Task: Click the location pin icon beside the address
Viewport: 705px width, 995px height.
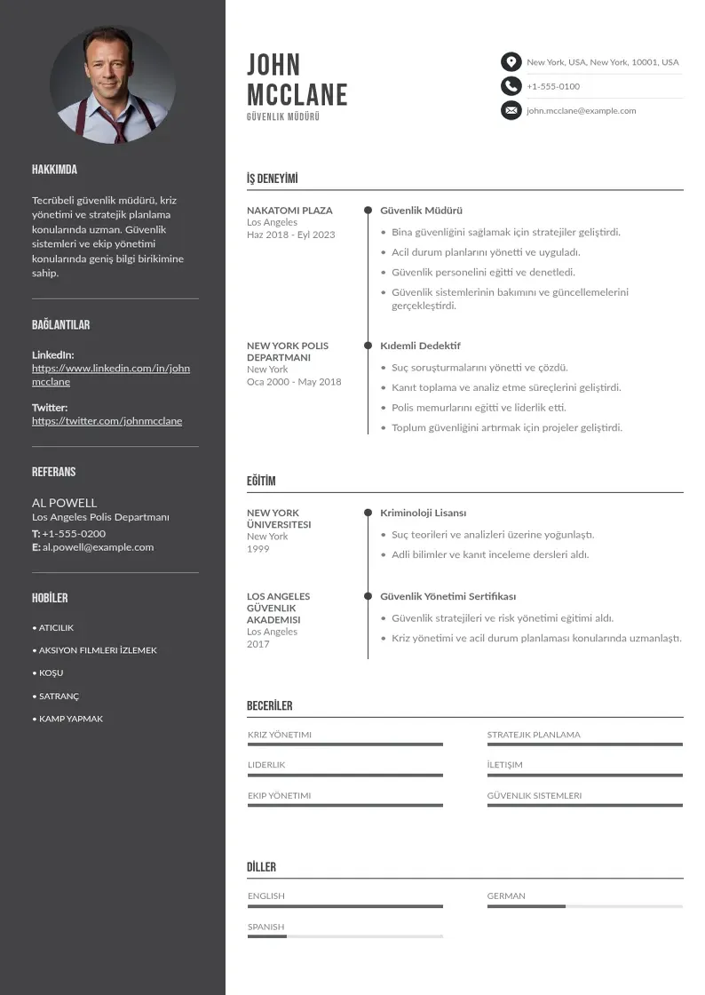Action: pyautogui.click(x=511, y=62)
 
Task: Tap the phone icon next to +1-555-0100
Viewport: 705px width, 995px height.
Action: pyautogui.click(x=511, y=86)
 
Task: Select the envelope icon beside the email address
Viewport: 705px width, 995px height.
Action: pyautogui.click(x=511, y=111)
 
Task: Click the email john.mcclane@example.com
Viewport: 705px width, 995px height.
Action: pyautogui.click(x=581, y=111)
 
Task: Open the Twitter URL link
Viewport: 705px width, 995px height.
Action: pyautogui.click(x=107, y=421)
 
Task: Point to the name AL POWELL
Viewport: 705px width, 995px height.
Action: pyautogui.click(x=65, y=503)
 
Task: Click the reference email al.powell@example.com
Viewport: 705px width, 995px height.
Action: pyautogui.click(x=98, y=547)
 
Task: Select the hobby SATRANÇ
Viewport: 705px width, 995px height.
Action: pyautogui.click(x=59, y=696)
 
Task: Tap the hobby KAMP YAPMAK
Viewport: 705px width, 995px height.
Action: pyautogui.click(x=70, y=719)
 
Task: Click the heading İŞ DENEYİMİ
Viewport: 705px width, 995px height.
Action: pyautogui.click(x=273, y=179)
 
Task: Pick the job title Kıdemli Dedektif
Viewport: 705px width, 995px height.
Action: pyautogui.click(x=420, y=346)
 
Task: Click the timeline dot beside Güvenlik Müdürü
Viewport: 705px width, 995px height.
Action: pyautogui.click(x=368, y=211)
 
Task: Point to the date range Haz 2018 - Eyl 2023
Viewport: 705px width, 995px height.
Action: pyautogui.click(x=291, y=235)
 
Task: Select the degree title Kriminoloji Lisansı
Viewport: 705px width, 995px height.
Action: pyautogui.click(x=423, y=513)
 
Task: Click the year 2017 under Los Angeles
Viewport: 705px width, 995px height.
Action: pyautogui.click(x=257, y=644)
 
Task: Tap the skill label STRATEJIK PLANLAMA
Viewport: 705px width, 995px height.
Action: pyautogui.click(x=534, y=735)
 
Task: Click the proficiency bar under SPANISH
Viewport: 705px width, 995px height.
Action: pyautogui.click(x=345, y=936)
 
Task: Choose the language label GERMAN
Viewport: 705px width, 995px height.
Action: pyautogui.click(x=506, y=896)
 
